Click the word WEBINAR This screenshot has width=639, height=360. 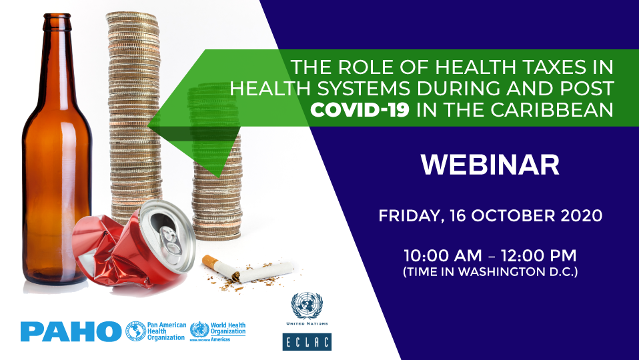click(490, 165)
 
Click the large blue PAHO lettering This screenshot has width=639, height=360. click(71, 331)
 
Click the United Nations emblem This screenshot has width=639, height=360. click(307, 306)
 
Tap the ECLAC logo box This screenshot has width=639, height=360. click(307, 341)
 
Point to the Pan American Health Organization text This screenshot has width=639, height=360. click(164, 331)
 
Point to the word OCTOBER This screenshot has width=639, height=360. click(508, 217)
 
